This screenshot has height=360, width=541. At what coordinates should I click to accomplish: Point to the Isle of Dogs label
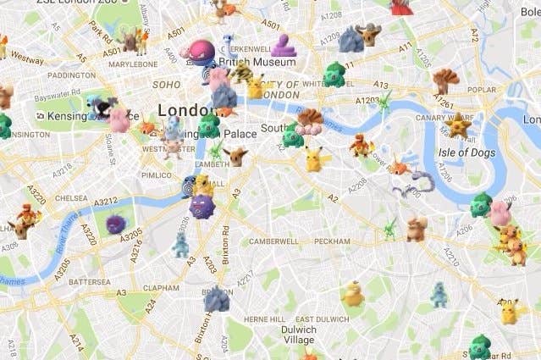[466, 152]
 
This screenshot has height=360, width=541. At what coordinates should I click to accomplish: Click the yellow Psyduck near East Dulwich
[353, 293]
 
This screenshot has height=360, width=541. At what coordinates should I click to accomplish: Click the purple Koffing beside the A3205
[116, 224]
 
